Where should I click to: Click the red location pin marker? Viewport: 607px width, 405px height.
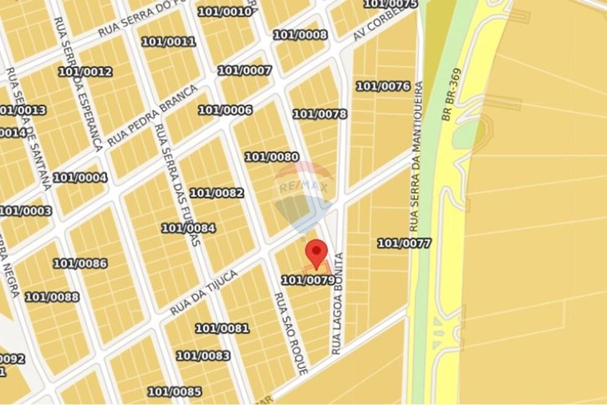(316, 251)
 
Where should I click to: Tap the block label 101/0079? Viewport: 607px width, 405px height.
(308, 280)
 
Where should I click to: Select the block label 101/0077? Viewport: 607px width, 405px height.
(404, 243)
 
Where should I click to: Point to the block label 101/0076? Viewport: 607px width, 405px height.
(383, 86)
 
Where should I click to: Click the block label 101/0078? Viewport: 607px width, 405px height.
(320, 114)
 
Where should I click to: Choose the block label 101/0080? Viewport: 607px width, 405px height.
(271, 157)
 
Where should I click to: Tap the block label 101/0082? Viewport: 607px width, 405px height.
(217, 193)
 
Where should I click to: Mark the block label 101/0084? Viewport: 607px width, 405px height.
(188, 228)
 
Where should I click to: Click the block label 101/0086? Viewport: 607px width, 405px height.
(80, 264)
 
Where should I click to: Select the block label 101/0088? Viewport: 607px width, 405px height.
(52, 296)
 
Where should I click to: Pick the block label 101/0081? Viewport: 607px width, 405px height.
(222, 328)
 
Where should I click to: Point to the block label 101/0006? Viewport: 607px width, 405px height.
(225, 110)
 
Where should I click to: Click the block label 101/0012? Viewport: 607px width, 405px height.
(85, 72)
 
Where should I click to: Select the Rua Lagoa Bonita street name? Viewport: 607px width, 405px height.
(337, 304)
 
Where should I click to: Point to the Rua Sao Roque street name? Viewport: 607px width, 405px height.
(283, 333)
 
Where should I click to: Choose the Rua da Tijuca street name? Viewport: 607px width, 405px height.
(203, 293)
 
